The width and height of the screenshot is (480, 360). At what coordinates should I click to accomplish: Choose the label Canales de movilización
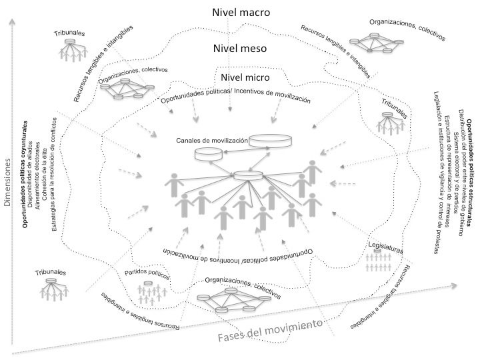[212, 141]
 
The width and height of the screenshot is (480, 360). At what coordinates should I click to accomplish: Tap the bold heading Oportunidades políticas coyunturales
[25, 176]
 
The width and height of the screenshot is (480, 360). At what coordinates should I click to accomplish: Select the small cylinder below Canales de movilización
[208, 154]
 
